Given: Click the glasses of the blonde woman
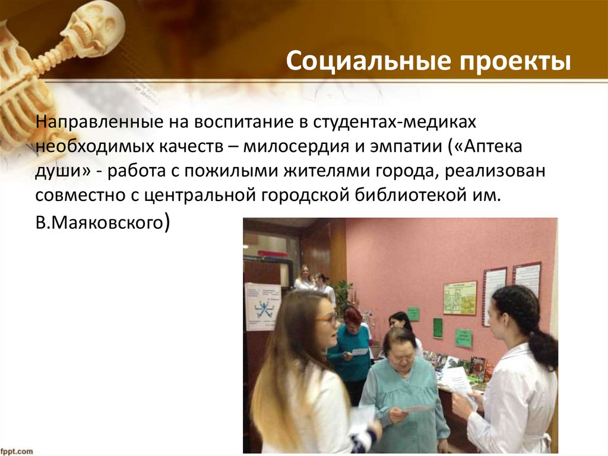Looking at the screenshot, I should (x=326, y=319).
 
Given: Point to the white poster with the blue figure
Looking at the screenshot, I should (x=262, y=306).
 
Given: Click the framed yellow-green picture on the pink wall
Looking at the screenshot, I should (x=460, y=297).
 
